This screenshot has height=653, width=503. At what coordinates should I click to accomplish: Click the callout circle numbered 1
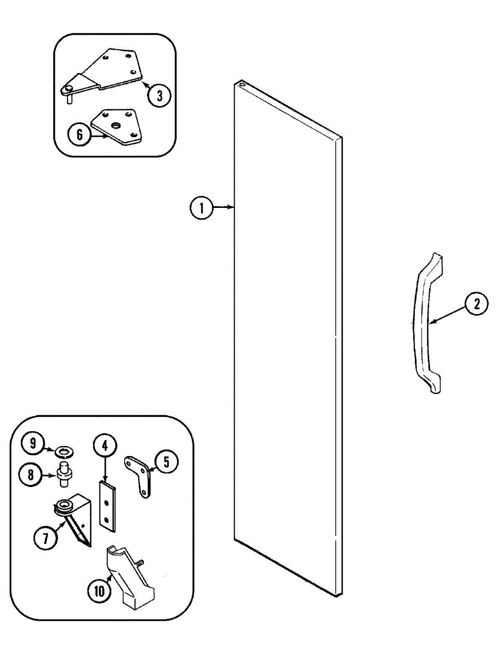click(201, 207)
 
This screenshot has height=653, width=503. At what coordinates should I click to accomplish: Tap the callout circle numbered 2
click(477, 305)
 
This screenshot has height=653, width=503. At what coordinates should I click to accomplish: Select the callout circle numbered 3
click(159, 96)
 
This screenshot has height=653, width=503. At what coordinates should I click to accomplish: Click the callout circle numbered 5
click(166, 462)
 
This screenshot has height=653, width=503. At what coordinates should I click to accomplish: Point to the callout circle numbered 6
click(79, 134)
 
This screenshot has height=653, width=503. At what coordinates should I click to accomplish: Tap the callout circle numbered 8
click(31, 475)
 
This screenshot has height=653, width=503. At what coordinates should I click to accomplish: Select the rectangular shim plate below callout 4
click(108, 504)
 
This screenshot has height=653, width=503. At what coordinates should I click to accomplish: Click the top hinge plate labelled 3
click(109, 71)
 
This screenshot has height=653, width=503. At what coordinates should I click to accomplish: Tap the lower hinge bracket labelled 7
click(74, 520)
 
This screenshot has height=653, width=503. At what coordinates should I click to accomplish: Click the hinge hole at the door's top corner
click(241, 85)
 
